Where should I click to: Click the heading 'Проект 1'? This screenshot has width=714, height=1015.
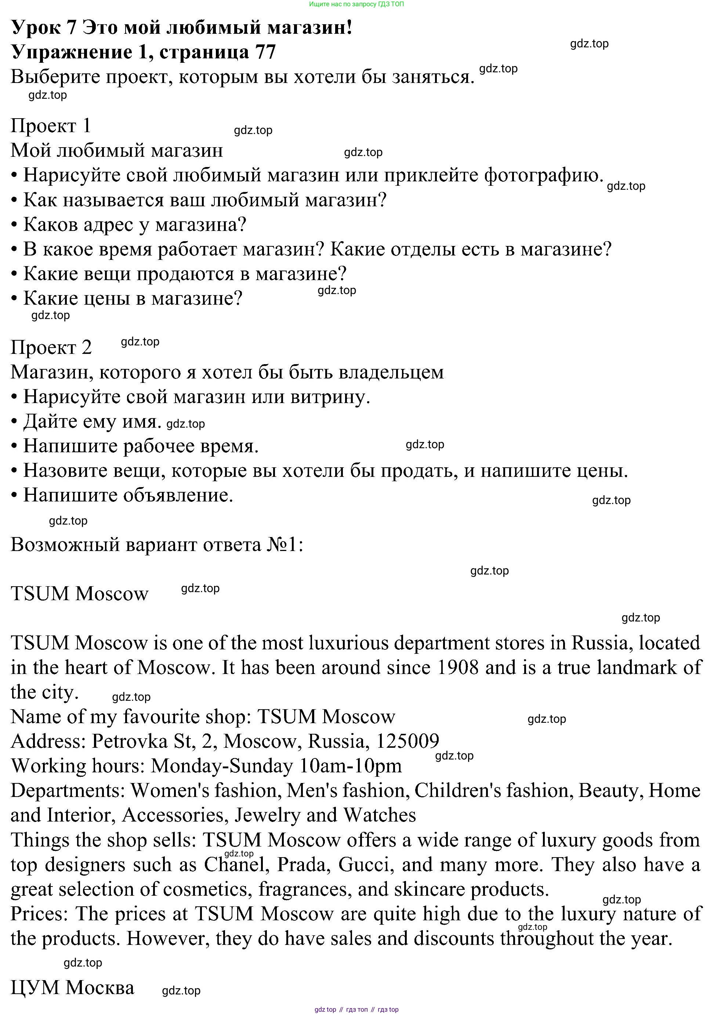tap(51, 126)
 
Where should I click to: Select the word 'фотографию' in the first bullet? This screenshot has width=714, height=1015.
tap(544, 175)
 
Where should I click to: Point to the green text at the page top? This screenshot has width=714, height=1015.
tap(356, 4)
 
